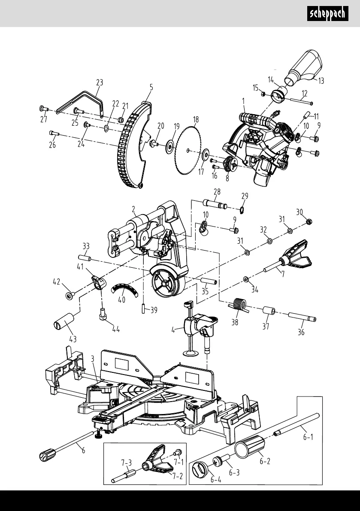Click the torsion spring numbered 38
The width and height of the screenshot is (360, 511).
(238, 304)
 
